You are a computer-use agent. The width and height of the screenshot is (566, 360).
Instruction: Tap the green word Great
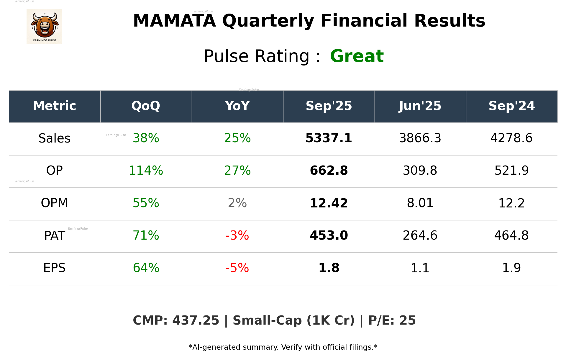357,56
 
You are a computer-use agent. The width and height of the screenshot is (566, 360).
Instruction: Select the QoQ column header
146,106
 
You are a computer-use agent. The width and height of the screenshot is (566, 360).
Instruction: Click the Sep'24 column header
511,106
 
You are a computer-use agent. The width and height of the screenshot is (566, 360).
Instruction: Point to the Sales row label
55,138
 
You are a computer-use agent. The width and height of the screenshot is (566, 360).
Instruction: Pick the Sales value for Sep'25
329,138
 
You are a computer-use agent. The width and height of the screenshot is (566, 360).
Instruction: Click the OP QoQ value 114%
146,171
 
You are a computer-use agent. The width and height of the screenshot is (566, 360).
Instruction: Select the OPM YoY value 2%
237,203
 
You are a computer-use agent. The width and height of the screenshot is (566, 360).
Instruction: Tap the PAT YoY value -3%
237,235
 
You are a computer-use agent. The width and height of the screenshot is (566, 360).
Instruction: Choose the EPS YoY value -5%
237,268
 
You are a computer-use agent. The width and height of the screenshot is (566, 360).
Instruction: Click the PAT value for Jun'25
420,235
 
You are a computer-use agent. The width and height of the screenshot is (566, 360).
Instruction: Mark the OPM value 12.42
329,203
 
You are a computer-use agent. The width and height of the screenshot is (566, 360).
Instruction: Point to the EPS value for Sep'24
511,268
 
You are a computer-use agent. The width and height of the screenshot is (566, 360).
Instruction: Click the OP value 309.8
420,171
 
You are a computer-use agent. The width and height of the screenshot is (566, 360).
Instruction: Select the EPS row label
55,268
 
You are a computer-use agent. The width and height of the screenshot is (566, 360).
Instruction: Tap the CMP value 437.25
196,320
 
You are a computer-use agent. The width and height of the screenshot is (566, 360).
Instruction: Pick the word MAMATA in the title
174,21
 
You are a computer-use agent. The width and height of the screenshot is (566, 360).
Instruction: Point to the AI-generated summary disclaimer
283,347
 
